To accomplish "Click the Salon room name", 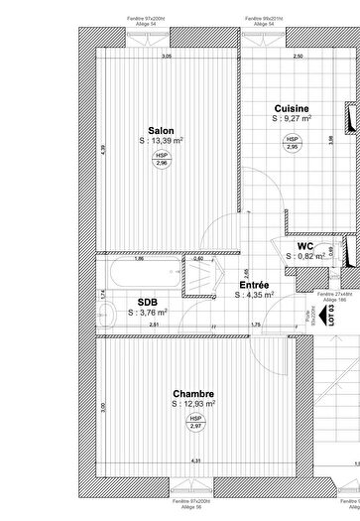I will pyautogui.click(x=161, y=130).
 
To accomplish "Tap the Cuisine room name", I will pyautogui.click(x=292, y=108).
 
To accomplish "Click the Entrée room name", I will pyautogui.click(x=253, y=284).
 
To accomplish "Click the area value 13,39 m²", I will pyautogui.click(x=161, y=141).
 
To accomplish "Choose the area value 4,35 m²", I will pyautogui.click(x=254, y=295).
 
